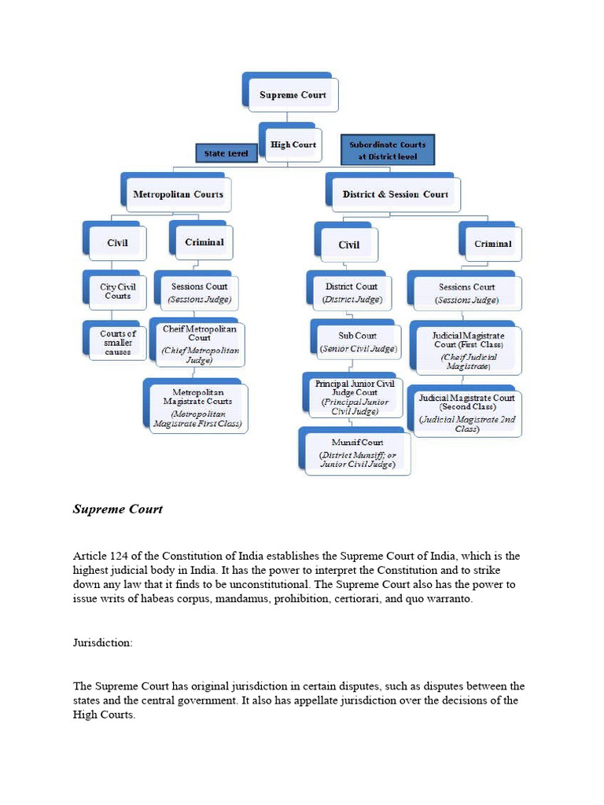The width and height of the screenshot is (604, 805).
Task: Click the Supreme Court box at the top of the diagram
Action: pos(293,95)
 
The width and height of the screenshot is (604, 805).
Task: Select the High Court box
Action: pos(293,145)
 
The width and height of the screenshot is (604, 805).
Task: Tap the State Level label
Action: pos(226,153)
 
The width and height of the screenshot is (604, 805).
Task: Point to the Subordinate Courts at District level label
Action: pos(387,150)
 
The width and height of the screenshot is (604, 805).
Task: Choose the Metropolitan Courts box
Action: pos(178,194)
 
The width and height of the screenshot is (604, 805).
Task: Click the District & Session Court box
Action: pos(395,194)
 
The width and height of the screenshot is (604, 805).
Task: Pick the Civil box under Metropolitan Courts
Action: pos(117,243)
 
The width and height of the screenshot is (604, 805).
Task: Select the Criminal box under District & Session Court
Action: pos(492,244)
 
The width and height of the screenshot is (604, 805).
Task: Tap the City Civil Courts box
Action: pos(117,292)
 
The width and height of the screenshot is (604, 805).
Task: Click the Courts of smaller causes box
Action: pos(117,342)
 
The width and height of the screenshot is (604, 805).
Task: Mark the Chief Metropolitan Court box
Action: pos(199,344)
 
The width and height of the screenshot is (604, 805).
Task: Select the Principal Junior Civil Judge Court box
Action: pos(355,397)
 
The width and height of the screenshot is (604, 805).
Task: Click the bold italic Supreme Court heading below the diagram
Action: pos(118,509)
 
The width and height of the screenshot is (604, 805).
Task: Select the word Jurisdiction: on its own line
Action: pos(103,642)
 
